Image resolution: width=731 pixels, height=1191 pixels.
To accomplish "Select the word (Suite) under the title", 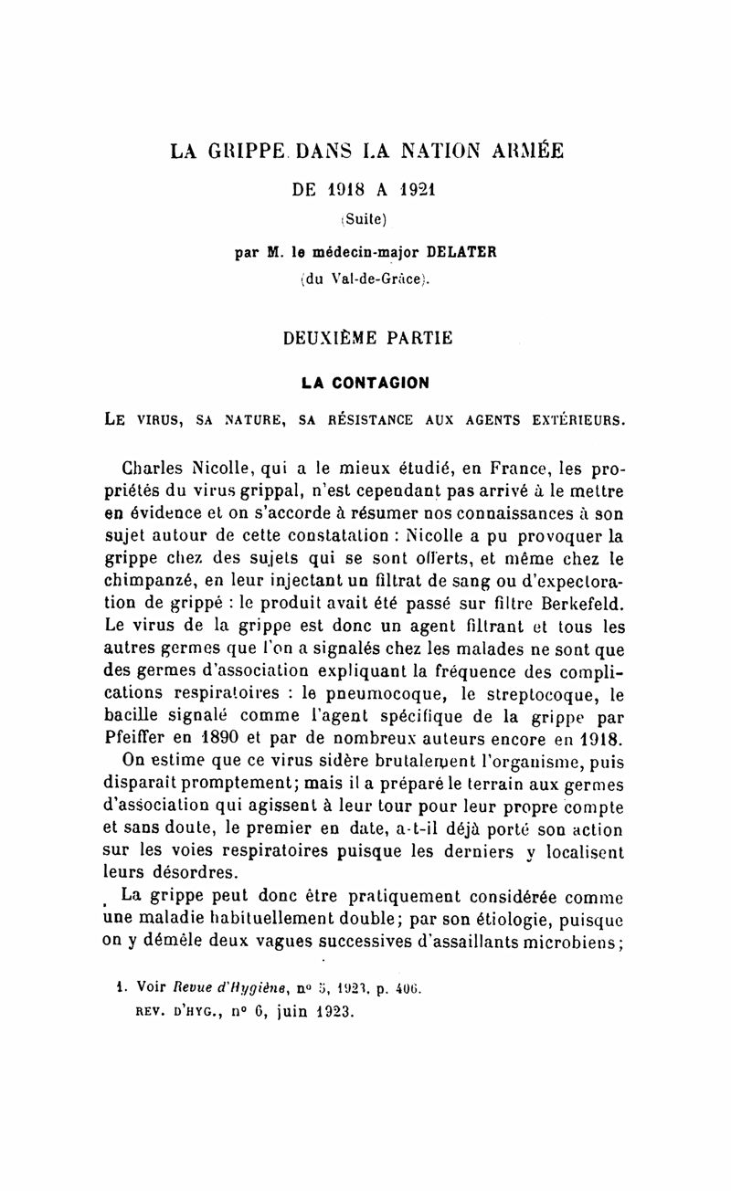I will pos(365,219).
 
